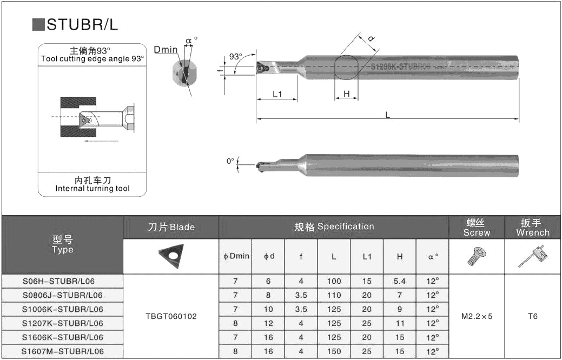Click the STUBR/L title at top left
pyautogui.click(x=81, y=25)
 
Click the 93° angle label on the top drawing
pyautogui.click(x=235, y=56)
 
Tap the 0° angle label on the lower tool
pyautogui.click(x=230, y=161)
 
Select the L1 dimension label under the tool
pyautogui.click(x=277, y=94)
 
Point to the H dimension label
pyautogui.click(x=347, y=94)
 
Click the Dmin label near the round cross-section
pyautogui.click(x=166, y=50)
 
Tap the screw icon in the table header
pyautogui.click(x=477, y=256)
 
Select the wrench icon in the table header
pyautogui.click(x=532, y=256)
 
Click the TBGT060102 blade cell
pyautogui.click(x=171, y=316)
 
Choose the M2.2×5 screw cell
pyautogui.click(x=477, y=316)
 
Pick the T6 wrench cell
pyautogui.click(x=533, y=316)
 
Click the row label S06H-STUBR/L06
pyautogui.click(x=62, y=281)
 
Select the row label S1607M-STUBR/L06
pyautogui.click(x=62, y=351)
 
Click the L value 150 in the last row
pyautogui.click(x=334, y=351)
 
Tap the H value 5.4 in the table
pyautogui.click(x=399, y=281)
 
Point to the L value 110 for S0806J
pyautogui.click(x=334, y=295)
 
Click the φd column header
pyautogui.click(x=268, y=256)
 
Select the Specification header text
pyautogui.click(x=334, y=226)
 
